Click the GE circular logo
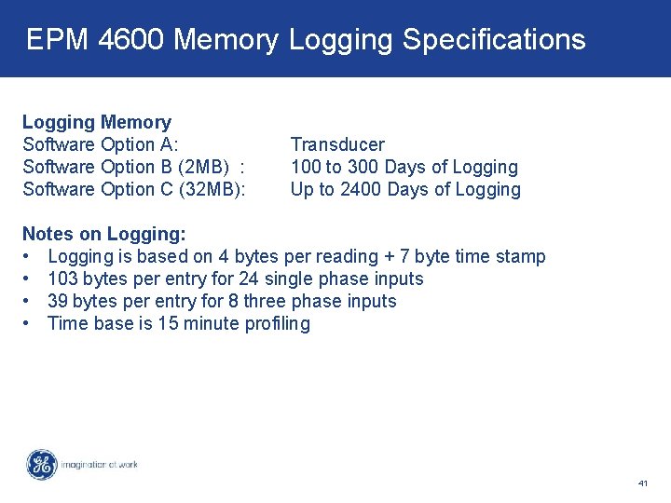pyautogui.click(x=41, y=465)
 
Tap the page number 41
pyautogui.click(x=643, y=483)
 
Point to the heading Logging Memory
pyautogui.click(x=97, y=122)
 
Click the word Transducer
pyautogui.click(x=337, y=144)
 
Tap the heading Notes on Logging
pyautogui.click(x=103, y=234)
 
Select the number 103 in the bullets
pyautogui.click(x=62, y=279)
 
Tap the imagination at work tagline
pyautogui.click(x=99, y=464)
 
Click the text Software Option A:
pyautogui.click(x=101, y=144)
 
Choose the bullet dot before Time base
pyautogui.click(x=29, y=323)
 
